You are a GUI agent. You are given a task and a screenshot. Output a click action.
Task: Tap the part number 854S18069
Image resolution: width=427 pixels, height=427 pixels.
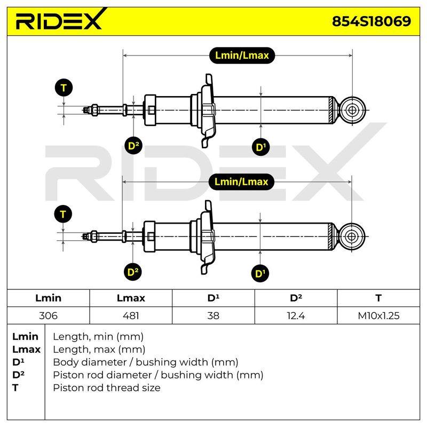371,21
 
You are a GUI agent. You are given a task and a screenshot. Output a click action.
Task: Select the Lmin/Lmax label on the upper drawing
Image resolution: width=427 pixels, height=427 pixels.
242,56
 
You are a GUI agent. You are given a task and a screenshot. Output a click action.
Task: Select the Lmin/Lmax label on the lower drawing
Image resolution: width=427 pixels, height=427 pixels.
241,182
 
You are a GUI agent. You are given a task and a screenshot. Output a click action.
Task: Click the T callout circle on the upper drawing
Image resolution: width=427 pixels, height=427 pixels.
64,88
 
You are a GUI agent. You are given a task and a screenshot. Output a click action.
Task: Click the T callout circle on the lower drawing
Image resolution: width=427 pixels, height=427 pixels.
63,214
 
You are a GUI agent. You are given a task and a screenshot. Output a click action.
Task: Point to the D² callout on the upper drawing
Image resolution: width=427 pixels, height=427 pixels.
133,146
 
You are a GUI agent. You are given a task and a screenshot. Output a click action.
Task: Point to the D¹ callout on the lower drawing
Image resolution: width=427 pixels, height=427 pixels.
260,273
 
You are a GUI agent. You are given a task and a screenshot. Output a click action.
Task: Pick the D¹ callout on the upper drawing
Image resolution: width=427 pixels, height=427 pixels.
261,147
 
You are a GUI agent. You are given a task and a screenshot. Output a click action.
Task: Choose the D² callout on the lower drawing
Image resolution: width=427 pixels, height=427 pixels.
133,272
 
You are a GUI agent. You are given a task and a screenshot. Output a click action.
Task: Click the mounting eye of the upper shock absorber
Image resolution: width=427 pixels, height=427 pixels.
352,110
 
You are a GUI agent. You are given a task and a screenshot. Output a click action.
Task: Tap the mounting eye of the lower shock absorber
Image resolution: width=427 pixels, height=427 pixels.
352,236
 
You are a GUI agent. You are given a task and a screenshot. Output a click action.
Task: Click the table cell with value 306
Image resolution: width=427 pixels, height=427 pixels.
48,315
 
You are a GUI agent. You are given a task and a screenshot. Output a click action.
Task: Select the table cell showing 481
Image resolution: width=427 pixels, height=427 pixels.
131,315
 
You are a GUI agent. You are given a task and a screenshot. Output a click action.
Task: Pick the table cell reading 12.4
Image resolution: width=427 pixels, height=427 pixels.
296,315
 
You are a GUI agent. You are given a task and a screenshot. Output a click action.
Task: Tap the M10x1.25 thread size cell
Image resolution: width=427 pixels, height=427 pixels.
378,315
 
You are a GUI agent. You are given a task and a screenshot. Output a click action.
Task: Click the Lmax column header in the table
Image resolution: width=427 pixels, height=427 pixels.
131,298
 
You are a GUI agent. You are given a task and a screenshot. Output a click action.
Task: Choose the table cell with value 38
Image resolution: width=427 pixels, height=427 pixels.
213,315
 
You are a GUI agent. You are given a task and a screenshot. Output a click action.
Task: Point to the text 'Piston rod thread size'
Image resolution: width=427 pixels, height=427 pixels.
107,388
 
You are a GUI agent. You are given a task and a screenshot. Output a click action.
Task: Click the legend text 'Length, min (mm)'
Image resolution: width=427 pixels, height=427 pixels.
98,337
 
